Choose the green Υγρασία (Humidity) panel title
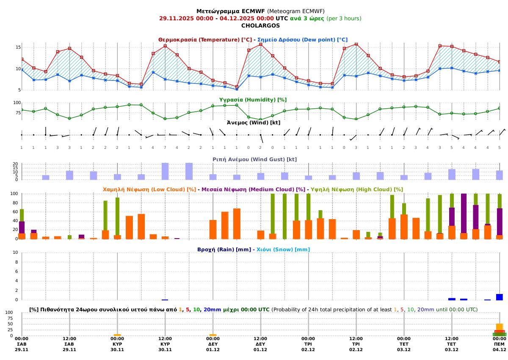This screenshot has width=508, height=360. [x=253, y=99]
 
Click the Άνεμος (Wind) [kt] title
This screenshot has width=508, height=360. [x=254, y=123]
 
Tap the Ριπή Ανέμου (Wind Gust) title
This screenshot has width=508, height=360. [x=253, y=159]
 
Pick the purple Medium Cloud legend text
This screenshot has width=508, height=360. [x=253, y=190]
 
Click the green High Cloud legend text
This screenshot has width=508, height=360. [x=356, y=190]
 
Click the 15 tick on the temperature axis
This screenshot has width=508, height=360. [x=18, y=47]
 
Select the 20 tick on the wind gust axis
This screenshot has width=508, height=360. [x=15, y=164]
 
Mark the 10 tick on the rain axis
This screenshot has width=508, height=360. [x=15, y=253]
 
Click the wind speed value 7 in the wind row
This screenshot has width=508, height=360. [x=165, y=147]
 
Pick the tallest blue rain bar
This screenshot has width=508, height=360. [x=500, y=297]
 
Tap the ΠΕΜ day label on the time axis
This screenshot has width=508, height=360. [x=500, y=344]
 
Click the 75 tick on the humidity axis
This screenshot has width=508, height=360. [x=17, y=112]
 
